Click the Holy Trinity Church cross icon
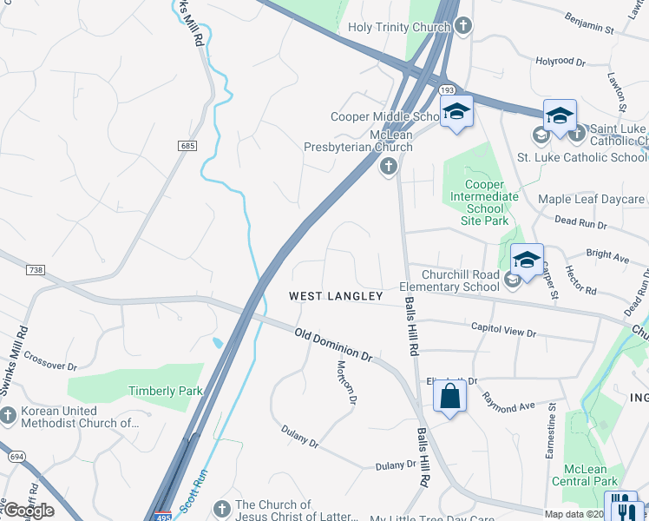point(463,26)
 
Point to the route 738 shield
point(35,271)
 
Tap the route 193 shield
point(447,90)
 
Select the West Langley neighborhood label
point(336,296)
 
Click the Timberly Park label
point(165,391)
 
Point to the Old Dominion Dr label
point(333,345)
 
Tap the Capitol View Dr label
point(504,330)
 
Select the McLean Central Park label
point(591,475)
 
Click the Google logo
point(28,511)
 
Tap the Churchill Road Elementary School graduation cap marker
point(527,260)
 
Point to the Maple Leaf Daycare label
point(592,200)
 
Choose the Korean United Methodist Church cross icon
point(9,415)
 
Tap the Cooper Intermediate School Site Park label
point(484,202)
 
